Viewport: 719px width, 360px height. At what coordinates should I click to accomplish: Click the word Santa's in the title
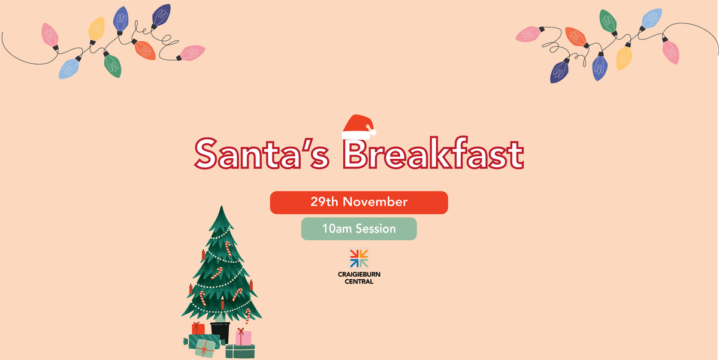coord(262,154)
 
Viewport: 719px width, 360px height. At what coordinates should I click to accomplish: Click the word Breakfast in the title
coord(433,154)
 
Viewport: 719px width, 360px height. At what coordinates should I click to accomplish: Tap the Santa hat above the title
coord(359,126)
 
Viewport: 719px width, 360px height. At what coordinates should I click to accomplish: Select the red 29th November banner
coord(358,202)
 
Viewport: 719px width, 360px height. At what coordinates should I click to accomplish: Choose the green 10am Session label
coord(358,229)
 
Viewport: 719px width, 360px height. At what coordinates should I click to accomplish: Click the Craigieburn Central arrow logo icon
coord(359,259)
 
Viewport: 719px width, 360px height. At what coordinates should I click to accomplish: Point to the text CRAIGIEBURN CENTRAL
coord(359,278)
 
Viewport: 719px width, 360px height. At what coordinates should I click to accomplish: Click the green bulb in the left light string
coord(112,65)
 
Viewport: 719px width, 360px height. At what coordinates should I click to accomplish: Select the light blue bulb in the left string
coord(69,68)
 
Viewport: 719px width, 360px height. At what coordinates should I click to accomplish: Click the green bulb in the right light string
coord(608,22)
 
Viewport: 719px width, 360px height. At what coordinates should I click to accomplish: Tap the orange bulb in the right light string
coord(575,37)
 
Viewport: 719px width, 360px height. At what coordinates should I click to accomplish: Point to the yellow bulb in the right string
coord(624,58)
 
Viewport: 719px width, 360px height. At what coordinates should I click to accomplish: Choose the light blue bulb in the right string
coord(651,19)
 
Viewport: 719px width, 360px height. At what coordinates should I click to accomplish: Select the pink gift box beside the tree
coord(243,337)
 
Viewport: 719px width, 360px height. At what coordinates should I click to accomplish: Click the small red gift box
coord(198,328)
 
